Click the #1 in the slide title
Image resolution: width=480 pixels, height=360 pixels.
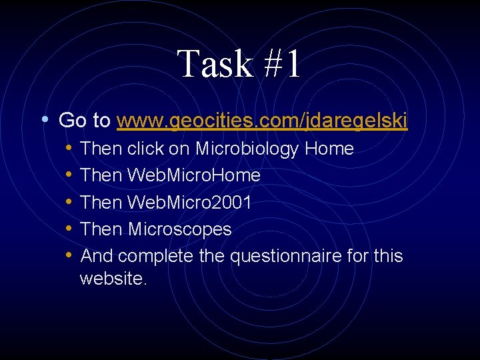[279, 65]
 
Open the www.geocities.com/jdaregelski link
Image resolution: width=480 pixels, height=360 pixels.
[262, 121]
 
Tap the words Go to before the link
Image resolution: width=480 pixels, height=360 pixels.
[85, 121]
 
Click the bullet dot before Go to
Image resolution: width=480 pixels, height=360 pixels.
[44, 120]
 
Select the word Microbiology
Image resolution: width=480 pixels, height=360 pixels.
[250, 149]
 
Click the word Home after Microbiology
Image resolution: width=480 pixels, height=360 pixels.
[329, 149]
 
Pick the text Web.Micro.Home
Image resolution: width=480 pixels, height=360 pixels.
[194, 176]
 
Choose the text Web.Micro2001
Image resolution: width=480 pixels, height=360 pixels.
[189, 203]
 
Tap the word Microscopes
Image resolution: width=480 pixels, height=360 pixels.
[179, 229]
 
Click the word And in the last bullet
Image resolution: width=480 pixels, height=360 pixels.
[96, 256]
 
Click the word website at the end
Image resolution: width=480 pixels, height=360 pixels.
[112, 278]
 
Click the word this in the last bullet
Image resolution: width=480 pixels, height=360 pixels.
[389, 256]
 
